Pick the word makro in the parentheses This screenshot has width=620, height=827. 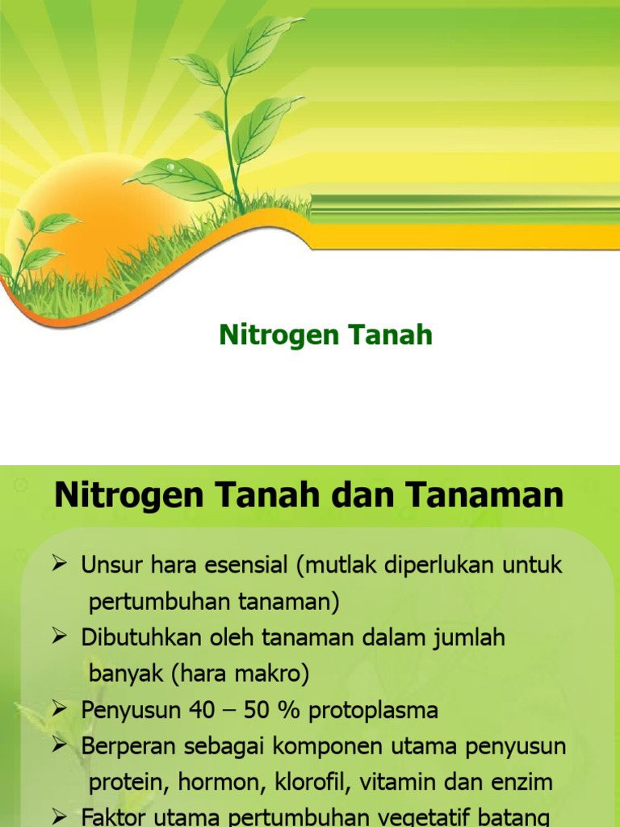[269, 674]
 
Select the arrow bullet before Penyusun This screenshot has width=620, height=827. [61, 710]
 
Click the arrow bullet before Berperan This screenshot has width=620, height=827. [61, 746]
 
